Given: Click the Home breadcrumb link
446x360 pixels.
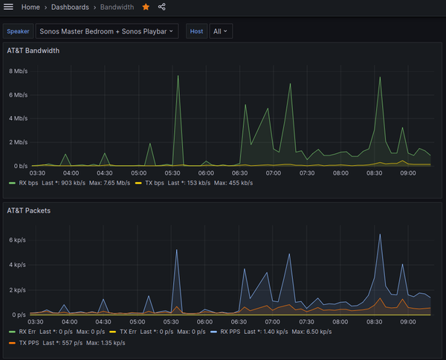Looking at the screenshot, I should click(x=31, y=7).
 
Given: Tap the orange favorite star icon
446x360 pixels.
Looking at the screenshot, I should click(x=146, y=7).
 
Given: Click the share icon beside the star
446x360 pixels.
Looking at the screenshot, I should click(x=162, y=7).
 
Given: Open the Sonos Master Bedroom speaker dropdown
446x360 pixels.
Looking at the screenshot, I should click(x=106, y=31).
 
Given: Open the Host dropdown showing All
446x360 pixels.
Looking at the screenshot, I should click(x=222, y=31).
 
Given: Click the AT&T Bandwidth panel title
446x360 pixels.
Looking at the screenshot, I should click(x=33, y=51).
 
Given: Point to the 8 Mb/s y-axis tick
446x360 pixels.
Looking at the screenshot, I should click(x=18, y=71).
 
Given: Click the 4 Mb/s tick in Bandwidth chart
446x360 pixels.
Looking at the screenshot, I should click(x=18, y=118).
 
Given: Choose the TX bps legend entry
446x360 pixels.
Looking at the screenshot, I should click(x=154, y=182).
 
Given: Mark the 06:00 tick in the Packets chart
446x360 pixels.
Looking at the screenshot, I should click(x=205, y=322).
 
